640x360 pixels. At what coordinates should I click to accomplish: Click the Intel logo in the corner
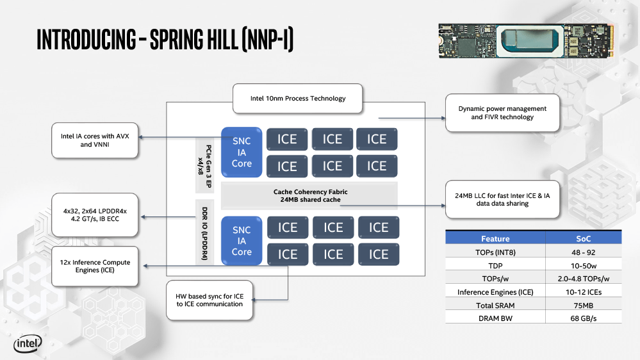(x=28, y=344)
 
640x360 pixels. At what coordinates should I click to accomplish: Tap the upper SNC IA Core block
(x=242, y=152)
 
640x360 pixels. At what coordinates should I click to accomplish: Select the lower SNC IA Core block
(x=242, y=241)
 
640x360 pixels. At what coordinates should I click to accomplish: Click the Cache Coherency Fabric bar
(x=310, y=195)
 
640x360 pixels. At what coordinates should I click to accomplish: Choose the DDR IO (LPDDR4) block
(x=204, y=231)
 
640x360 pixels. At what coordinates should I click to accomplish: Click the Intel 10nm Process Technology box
(x=297, y=99)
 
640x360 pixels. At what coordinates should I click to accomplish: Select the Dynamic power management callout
(x=502, y=113)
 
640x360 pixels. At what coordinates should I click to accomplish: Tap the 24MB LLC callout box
(x=502, y=199)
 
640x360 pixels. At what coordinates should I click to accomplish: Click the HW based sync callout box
(x=209, y=300)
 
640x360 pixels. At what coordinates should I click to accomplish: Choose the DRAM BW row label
(x=496, y=318)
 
